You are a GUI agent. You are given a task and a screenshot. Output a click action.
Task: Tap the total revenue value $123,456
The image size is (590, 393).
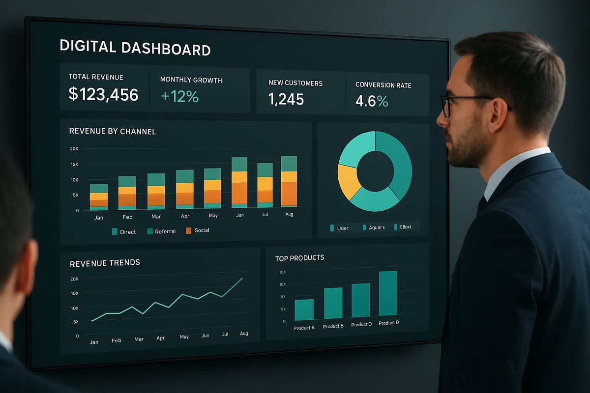103,94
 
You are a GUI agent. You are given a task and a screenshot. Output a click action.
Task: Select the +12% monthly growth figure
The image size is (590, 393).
179,96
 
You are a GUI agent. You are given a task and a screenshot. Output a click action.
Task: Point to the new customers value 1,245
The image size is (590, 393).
286,99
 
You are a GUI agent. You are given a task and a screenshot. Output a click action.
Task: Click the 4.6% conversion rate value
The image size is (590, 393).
372,101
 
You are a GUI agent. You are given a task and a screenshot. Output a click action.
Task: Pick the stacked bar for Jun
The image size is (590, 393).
239,182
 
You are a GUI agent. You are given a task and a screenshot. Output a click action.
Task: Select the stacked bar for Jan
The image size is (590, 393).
98,197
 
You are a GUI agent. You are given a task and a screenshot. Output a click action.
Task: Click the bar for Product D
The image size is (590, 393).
388,293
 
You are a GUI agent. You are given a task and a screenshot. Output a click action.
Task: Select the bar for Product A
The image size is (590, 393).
304,309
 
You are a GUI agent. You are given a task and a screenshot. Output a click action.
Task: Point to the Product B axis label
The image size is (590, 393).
333,326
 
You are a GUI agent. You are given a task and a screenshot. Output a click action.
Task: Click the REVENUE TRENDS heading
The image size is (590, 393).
105,263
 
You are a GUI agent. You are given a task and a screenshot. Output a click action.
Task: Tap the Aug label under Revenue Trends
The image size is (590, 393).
244,334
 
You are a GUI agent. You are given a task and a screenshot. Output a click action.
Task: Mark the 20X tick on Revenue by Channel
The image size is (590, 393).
74,148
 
